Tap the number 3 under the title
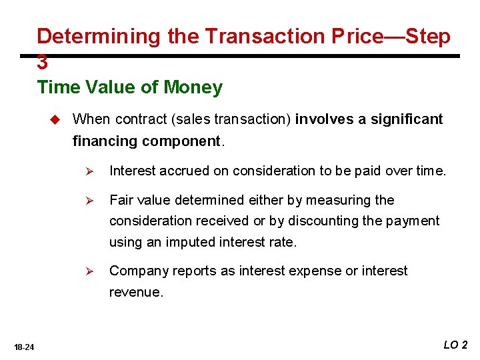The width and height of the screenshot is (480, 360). tap(43, 63)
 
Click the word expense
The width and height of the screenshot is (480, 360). tap(321, 271)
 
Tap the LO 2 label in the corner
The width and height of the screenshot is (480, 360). tap(456, 345)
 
